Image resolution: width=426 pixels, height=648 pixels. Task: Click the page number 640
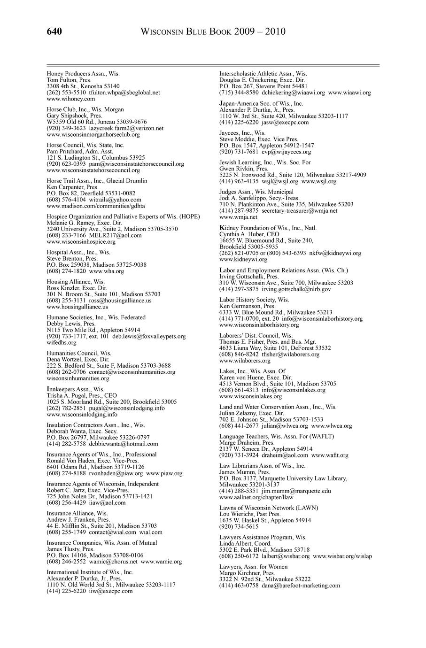[x=54, y=32]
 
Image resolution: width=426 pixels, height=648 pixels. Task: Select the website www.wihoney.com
[x=71, y=99]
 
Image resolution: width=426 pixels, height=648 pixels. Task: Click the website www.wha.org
[x=106, y=271]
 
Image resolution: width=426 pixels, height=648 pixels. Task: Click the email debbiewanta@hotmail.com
[x=124, y=443]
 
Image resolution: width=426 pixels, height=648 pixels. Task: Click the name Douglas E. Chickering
[x=248, y=80]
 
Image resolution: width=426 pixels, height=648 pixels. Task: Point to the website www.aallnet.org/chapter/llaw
[x=256, y=497]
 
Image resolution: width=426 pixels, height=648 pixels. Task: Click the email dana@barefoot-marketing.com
[x=301, y=586]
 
